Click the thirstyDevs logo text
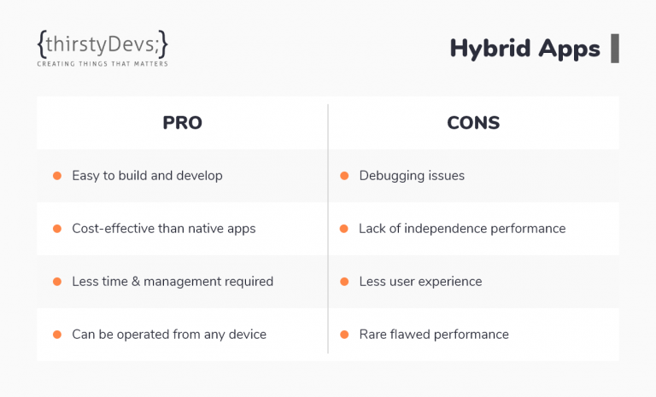tap(102, 44)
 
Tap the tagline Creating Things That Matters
tap(102, 64)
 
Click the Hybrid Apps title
tap(524, 49)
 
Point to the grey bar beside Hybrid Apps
tap(615, 49)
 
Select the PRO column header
tap(183, 123)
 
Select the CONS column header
tap(473, 123)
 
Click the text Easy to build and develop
tap(147, 176)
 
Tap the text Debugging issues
tap(412, 176)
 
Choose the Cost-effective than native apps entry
tap(164, 229)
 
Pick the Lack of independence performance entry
tap(462, 229)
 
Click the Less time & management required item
tap(173, 282)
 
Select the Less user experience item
tap(420, 282)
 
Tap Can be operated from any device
tap(169, 335)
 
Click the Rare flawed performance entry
tap(434, 335)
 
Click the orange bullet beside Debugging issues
tap(344, 176)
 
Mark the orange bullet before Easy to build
tap(57, 176)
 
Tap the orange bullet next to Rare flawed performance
tap(344, 335)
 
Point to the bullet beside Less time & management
tap(57, 282)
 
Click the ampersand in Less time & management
tap(136, 282)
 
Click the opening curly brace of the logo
tap(41, 44)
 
